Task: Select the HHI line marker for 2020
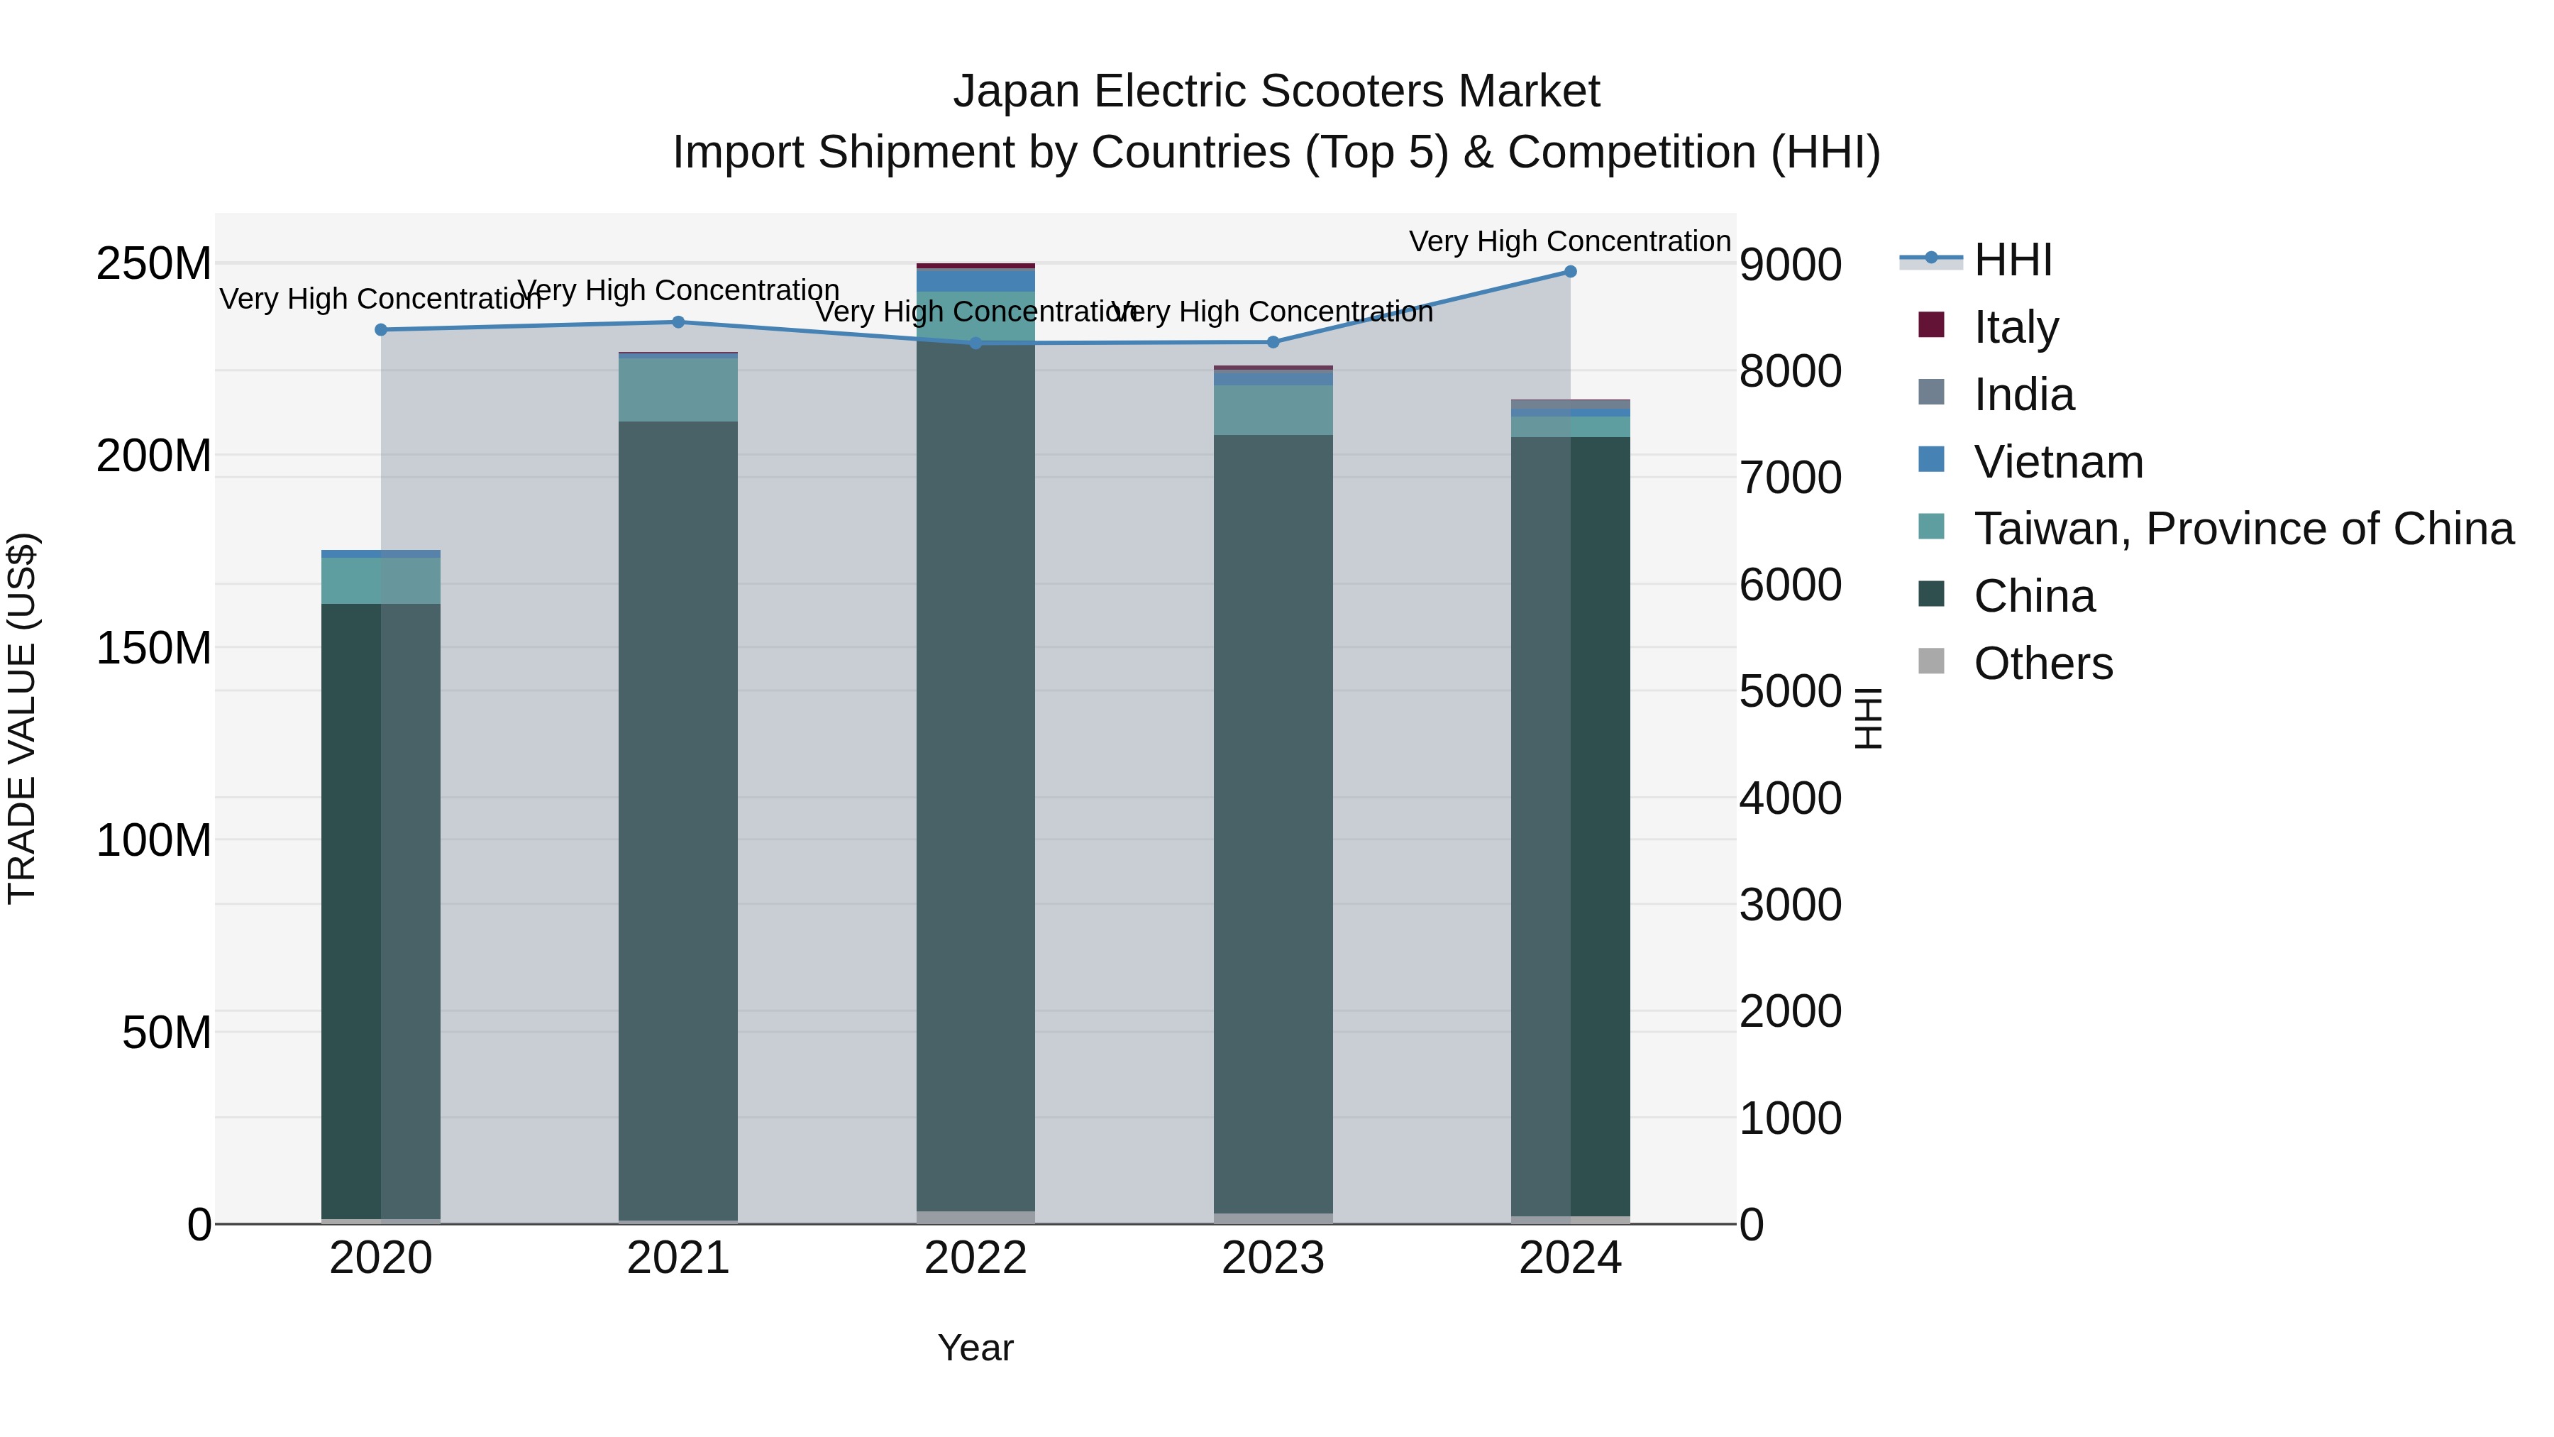381,329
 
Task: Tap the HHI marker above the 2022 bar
975,343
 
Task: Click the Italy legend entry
2016,327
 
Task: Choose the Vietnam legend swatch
1931,460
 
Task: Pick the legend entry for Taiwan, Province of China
2243,529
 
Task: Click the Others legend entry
2042,664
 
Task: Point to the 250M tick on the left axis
154,265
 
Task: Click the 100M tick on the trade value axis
154,841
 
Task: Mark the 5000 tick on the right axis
1790,691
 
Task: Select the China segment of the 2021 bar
678,813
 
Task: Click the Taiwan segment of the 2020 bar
381,580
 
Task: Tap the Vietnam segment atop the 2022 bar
975,280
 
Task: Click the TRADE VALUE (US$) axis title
22,718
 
